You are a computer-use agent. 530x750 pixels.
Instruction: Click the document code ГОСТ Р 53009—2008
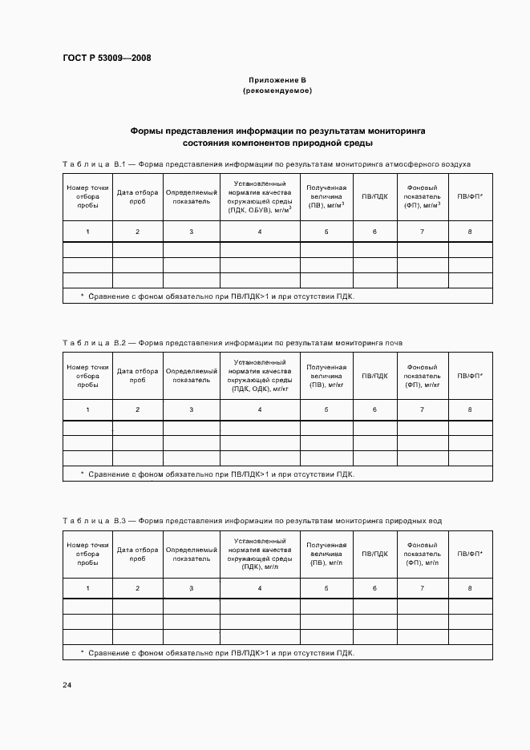point(107,58)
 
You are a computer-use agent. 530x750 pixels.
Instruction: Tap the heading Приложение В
point(277,81)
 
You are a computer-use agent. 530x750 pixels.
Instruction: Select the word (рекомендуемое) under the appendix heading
point(277,91)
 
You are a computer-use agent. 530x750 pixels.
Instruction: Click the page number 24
point(67,685)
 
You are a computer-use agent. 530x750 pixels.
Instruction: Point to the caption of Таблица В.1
point(267,164)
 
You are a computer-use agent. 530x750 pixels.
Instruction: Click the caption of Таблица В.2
point(233,343)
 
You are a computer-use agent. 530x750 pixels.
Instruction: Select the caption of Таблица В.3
point(253,522)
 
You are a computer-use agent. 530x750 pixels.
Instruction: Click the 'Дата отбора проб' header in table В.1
point(137,197)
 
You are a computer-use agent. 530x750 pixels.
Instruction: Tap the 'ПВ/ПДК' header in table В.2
point(374,375)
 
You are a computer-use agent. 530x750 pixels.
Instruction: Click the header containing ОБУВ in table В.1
point(260,197)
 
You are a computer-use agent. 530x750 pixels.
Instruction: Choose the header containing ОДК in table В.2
point(260,376)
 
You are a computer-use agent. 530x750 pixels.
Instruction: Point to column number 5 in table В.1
point(326,232)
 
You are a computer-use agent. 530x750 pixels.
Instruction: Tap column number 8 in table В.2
point(470,410)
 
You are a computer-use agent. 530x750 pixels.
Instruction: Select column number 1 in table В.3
point(87,589)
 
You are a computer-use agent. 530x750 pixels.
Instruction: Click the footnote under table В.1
point(216,296)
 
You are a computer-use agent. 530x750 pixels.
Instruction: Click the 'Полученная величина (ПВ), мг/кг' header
point(326,376)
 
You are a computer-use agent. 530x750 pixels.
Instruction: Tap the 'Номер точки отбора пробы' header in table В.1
point(87,197)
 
